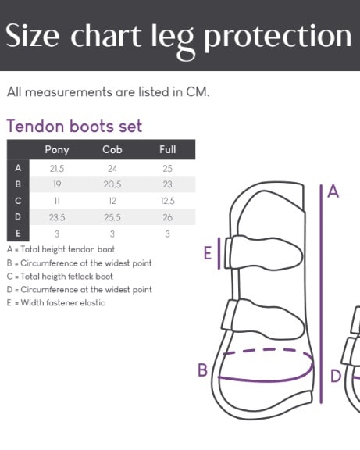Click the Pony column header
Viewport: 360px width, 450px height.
tap(57, 150)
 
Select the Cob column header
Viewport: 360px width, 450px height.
tap(112, 149)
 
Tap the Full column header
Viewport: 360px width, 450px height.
tap(168, 149)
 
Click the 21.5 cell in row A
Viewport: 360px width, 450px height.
tap(57, 169)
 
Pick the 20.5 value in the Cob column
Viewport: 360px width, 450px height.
tap(112, 184)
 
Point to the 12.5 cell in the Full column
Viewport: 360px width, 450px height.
tap(168, 201)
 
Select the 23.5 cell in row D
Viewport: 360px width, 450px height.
tap(57, 217)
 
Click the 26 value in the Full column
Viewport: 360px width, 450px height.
tap(168, 217)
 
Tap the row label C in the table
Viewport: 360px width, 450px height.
tap(18, 201)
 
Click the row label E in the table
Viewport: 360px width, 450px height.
tap(18, 234)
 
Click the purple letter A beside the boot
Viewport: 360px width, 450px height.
tap(333, 191)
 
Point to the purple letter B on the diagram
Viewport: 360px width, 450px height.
tap(202, 370)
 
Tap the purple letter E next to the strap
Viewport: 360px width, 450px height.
tap(208, 253)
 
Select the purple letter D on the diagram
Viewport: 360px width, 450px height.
tap(336, 377)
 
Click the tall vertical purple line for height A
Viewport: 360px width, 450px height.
tap(321, 294)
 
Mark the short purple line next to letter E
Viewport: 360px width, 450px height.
tap(219, 253)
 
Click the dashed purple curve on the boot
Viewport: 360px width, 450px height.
tap(268, 352)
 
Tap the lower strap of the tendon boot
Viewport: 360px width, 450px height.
tap(262, 319)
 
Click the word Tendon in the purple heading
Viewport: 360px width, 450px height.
tap(35, 126)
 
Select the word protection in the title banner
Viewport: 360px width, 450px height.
tap(277, 37)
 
